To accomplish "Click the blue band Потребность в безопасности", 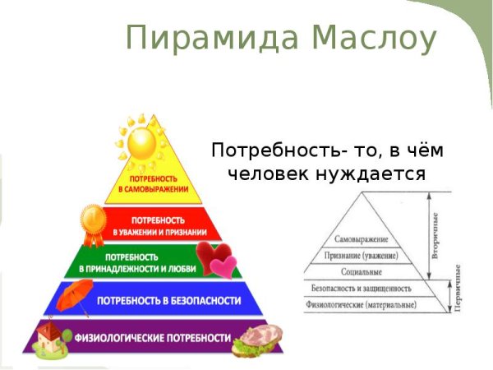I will click(168, 300).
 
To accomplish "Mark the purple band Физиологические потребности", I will click(153, 338).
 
